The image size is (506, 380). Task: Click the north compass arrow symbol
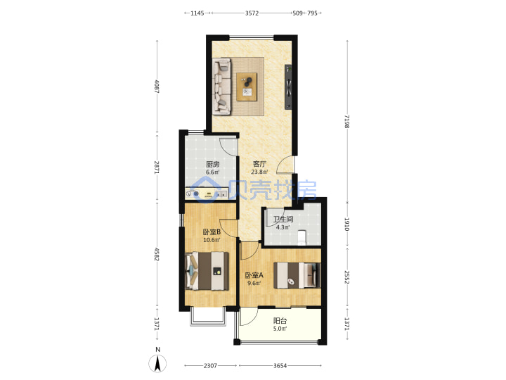click(x=157, y=364)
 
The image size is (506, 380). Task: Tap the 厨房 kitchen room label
click(x=213, y=164)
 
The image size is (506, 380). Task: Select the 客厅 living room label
click(x=259, y=164)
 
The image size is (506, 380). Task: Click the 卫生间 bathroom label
click(x=283, y=220)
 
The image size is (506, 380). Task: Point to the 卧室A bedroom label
click(x=254, y=275)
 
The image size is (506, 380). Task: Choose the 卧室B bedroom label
click(x=212, y=232)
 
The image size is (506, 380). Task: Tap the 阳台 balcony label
click(x=280, y=321)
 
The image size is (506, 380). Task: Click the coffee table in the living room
click(x=247, y=87)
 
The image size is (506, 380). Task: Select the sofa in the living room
click(x=222, y=87)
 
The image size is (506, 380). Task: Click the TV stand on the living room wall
click(x=288, y=87)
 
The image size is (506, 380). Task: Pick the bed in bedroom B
click(x=207, y=271)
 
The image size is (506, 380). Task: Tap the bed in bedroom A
click(x=297, y=275)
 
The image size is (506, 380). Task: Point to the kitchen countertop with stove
click(x=206, y=194)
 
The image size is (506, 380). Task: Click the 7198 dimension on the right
click(x=347, y=121)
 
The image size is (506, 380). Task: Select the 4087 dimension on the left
click(x=157, y=87)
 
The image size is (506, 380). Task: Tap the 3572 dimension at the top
click(x=252, y=13)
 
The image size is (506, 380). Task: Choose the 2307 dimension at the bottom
click(x=210, y=365)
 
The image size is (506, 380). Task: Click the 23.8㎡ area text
click(x=259, y=172)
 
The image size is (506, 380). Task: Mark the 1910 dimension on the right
click(x=347, y=224)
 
